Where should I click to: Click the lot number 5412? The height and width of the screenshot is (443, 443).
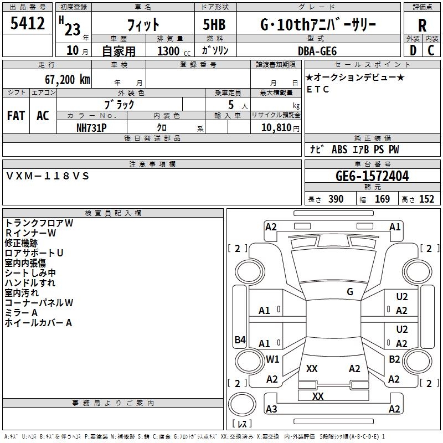coord(27,23)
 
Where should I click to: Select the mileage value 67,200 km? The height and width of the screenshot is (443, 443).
coord(68,80)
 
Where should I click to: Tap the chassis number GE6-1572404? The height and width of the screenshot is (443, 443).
coord(372,176)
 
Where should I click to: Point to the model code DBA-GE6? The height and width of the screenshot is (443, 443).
coord(317,51)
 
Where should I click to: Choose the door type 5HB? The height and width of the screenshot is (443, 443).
coord(214,24)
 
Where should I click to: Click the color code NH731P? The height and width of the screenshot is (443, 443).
coord(91,128)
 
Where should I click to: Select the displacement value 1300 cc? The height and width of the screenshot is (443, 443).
coord(174,51)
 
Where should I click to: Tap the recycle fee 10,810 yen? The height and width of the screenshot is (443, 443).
coord(280,128)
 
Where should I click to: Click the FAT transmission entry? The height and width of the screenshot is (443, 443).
coord(16,116)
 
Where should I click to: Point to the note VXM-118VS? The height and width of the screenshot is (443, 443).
coord(47,176)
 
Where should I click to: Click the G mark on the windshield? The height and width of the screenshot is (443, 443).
coord(350,292)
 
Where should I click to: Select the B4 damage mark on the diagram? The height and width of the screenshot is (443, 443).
coord(240,339)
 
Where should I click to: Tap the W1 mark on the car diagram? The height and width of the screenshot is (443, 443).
coord(272,359)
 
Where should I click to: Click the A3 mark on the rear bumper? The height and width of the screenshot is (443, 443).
coord(271,409)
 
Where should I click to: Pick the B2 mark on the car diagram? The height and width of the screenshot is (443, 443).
coord(394,359)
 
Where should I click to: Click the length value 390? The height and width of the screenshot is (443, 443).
coord(336,199)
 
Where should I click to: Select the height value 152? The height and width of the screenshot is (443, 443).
coord(426,199)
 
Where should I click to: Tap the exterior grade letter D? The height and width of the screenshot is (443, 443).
coord(413,50)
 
